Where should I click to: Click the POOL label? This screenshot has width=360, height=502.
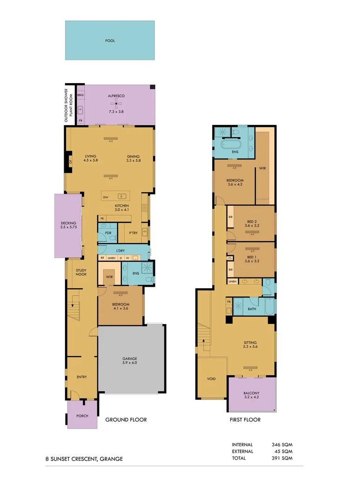(x=110, y=41)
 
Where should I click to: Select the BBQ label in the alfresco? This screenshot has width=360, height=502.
(x=80, y=95)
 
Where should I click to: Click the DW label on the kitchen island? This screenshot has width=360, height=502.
(x=106, y=197)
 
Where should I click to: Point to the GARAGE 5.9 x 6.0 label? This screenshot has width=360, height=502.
(x=129, y=361)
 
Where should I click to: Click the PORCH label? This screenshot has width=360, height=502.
(x=82, y=416)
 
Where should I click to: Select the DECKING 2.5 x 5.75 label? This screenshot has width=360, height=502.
(x=68, y=225)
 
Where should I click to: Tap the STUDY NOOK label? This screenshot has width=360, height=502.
(x=81, y=272)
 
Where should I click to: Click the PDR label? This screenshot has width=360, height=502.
(x=108, y=233)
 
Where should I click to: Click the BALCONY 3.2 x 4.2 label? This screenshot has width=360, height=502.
(x=252, y=395)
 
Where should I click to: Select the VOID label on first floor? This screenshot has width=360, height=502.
(x=211, y=379)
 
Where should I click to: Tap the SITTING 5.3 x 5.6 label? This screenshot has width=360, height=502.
(x=250, y=344)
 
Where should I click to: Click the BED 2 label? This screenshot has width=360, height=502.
(x=252, y=223)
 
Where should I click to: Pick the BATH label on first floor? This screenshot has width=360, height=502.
(x=252, y=309)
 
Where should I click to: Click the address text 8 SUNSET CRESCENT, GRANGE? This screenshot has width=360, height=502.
(x=84, y=459)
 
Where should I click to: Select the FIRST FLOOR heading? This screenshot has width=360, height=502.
(x=245, y=420)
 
